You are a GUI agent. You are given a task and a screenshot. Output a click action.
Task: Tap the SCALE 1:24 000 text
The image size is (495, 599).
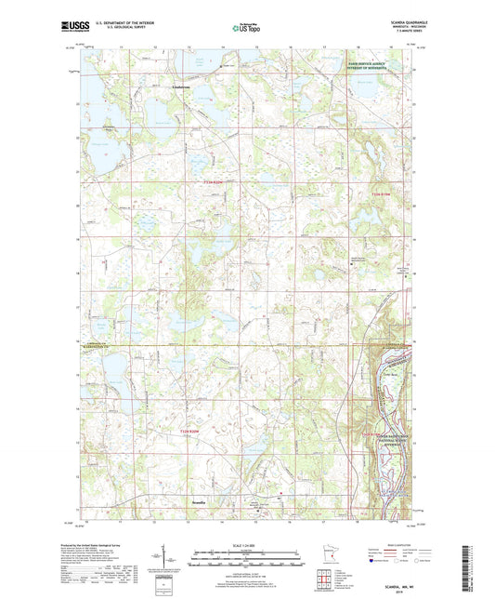point(247,545)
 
